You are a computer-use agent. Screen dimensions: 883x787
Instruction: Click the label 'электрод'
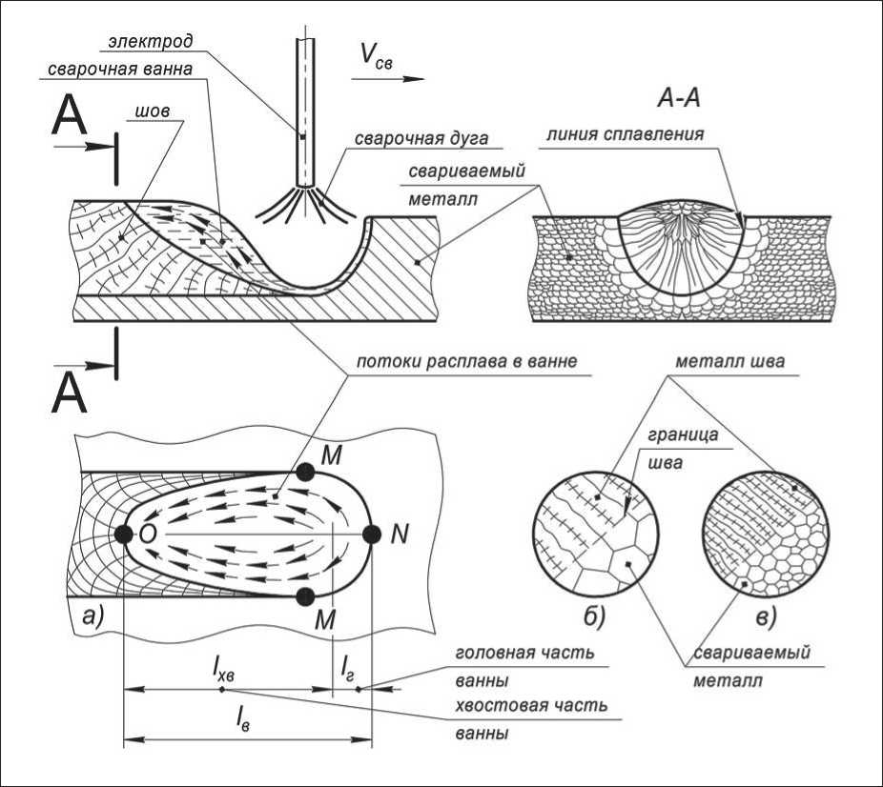tap(151, 42)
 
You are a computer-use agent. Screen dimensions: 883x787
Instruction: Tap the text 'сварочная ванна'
tap(120, 69)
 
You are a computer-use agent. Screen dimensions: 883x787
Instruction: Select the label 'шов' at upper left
tap(153, 111)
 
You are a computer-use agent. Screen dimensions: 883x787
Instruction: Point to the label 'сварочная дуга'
tap(421, 138)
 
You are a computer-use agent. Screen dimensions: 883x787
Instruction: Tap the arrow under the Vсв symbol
tap(387, 79)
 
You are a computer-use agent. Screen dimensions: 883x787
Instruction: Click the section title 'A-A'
tap(679, 98)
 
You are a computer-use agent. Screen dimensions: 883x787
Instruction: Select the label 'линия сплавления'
tap(626, 134)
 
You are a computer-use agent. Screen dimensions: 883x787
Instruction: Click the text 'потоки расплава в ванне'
tap(467, 361)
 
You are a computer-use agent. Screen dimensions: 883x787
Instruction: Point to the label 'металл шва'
tap(729, 361)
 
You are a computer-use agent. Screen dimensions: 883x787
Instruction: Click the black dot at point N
tap(372, 535)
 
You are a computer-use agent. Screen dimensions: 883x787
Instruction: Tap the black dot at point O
tap(124, 535)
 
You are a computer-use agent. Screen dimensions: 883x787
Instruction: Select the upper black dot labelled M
tap(305, 472)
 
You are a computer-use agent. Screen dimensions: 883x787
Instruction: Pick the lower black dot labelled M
tap(305, 596)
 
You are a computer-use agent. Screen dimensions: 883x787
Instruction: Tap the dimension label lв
tap(243, 718)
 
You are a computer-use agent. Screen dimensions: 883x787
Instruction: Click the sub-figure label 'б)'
tap(594, 617)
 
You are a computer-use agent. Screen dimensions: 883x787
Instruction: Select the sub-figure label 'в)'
tap(766, 617)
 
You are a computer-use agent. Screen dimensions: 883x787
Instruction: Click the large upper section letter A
tap(69, 119)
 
